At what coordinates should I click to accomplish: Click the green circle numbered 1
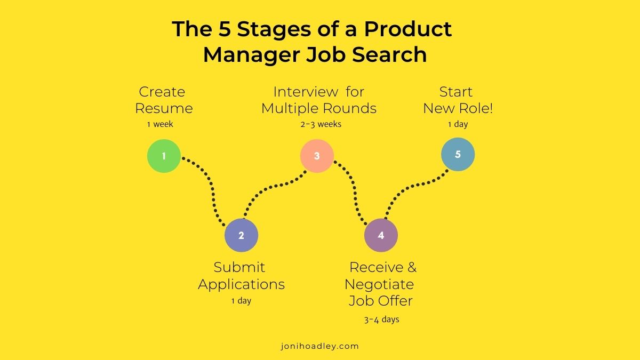[x=164, y=156]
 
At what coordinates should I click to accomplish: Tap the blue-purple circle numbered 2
[x=241, y=235]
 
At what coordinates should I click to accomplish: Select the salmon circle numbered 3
[x=317, y=156]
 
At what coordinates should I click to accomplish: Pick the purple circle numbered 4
[x=381, y=235]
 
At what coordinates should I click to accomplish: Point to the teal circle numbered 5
[x=458, y=155]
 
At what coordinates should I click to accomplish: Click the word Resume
[x=164, y=109]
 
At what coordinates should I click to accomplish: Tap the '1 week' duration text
[x=161, y=125]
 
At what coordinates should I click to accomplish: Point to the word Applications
[x=241, y=284]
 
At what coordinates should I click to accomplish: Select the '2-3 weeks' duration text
[x=321, y=124]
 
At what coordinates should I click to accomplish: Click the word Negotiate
[x=379, y=284]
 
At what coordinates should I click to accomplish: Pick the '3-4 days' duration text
[x=382, y=320]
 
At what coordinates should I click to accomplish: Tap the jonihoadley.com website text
[x=320, y=346]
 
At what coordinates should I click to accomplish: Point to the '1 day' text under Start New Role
[x=458, y=125]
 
